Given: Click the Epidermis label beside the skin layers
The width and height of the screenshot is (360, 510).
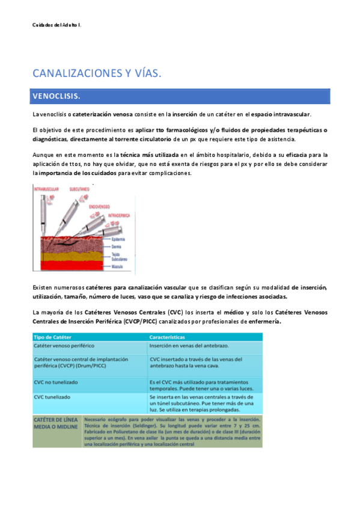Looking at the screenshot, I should [x=119, y=239].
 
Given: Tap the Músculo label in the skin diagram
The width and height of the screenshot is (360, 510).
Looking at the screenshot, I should [x=118, y=265].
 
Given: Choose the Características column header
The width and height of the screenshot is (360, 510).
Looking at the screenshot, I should [x=168, y=337].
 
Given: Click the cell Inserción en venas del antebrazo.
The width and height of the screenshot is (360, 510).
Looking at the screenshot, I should [x=186, y=346].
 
